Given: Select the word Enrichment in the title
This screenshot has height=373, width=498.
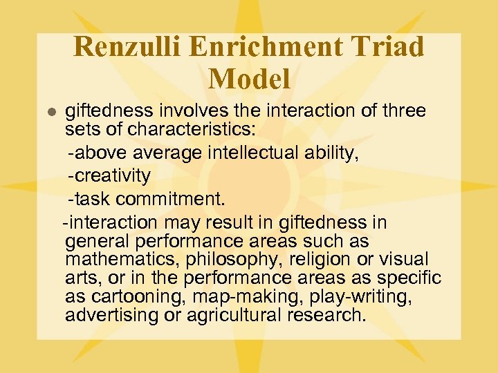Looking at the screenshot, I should (266, 47).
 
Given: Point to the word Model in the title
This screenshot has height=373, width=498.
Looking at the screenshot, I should (249, 79).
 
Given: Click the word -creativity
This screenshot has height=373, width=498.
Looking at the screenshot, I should (109, 175).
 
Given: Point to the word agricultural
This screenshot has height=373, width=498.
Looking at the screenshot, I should (237, 315).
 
